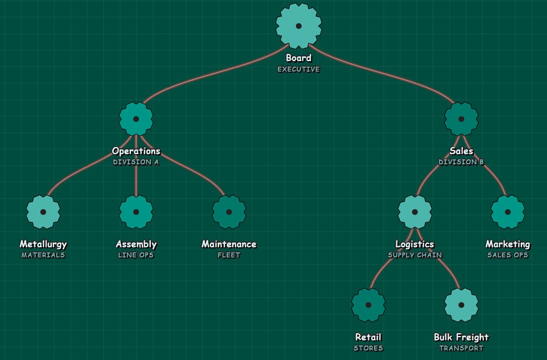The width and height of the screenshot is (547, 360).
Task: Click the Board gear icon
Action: pyautogui.click(x=299, y=26)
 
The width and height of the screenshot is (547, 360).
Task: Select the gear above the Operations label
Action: pyautogui.click(x=136, y=119)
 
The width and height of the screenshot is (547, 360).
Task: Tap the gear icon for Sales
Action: pyautogui.click(x=461, y=119)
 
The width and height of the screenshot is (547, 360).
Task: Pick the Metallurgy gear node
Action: pyautogui.click(x=43, y=212)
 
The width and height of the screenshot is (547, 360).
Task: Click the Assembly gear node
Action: pyautogui.click(x=136, y=212)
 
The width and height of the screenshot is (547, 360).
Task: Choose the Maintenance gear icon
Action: pyautogui.click(x=229, y=212)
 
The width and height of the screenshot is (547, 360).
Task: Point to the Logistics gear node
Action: pyautogui.click(x=415, y=212)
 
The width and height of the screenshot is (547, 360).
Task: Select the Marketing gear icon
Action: pyautogui.click(x=508, y=212)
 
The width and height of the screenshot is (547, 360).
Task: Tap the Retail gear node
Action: pyautogui.click(x=369, y=305)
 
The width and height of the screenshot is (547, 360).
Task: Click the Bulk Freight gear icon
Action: pyautogui.click(x=461, y=305)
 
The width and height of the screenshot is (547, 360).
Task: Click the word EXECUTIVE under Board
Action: pyautogui.click(x=299, y=69)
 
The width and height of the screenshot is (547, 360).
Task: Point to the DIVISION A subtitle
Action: pyautogui.click(x=136, y=162)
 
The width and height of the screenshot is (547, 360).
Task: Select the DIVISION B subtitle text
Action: pyautogui.click(x=461, y=162)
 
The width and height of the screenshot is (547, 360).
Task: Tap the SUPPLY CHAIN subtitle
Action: pyautogui.click(x=415, y=255)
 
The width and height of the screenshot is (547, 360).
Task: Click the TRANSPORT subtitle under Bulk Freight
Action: pyautogui.click(x=461, y=348)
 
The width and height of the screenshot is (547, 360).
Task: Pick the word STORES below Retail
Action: pyautogui.click(x=369, y=348)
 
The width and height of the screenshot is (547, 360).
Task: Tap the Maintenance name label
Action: pyautogui.click(x=229, y=244)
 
